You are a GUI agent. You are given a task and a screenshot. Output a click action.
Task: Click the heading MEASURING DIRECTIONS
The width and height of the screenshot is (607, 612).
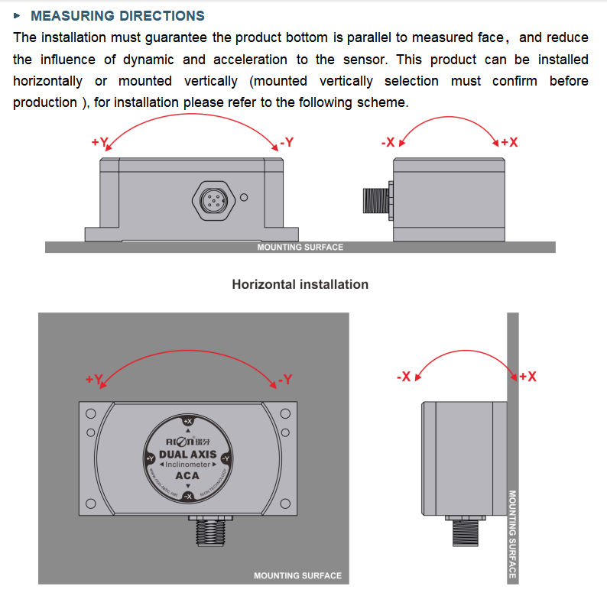point(117,15)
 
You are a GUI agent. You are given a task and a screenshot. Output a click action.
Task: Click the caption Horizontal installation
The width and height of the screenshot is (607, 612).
point(300,284)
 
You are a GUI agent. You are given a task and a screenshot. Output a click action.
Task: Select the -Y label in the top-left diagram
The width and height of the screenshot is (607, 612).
point(287,142)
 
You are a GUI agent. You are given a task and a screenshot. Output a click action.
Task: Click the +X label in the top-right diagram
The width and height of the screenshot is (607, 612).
point(509,142)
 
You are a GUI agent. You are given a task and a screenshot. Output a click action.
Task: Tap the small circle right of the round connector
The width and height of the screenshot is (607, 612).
point(244,198)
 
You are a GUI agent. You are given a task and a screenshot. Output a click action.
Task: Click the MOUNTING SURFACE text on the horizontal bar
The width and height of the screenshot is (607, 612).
point(300,247)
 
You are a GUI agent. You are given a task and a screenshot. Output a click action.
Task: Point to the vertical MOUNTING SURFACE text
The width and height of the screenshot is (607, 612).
point(512,534)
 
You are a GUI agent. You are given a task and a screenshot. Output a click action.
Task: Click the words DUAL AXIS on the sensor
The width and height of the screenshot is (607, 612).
point(187,454)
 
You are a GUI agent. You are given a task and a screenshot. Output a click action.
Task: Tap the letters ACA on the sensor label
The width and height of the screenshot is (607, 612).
point(187,475)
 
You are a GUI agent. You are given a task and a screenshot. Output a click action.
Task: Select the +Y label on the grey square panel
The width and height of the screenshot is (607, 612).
point(93,379)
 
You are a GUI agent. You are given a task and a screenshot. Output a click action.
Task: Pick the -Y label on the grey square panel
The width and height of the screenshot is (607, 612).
point(284,379)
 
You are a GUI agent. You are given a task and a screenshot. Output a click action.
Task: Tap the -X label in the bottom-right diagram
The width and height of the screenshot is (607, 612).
point(404,377)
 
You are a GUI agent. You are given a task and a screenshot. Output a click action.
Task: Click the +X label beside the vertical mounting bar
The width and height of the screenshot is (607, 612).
point(527,377)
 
